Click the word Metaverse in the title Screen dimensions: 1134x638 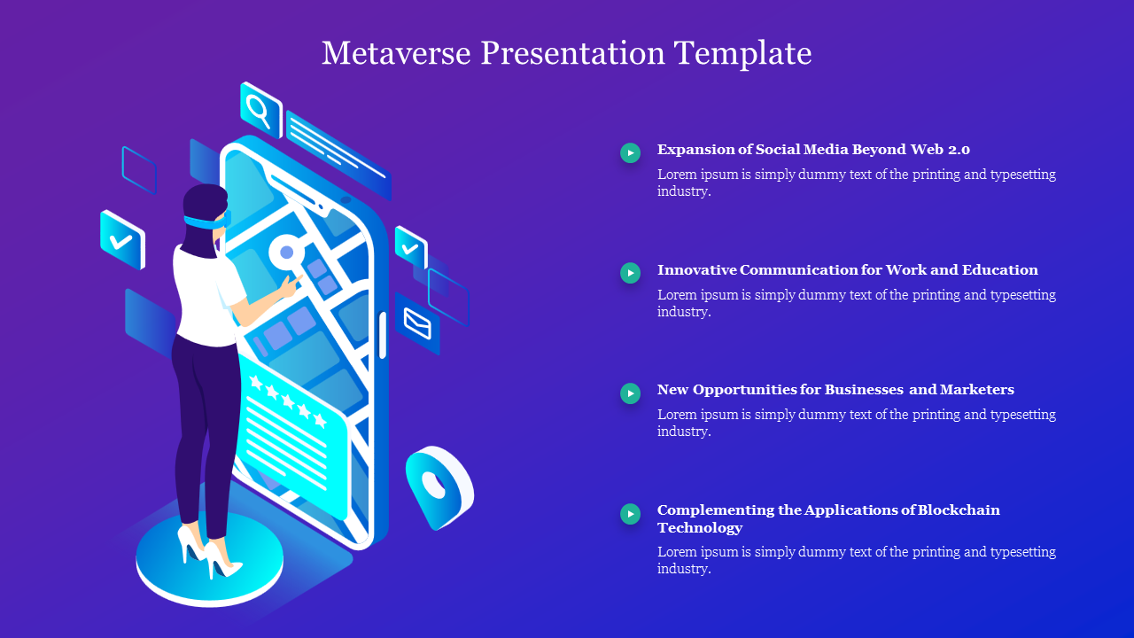coord(396,52)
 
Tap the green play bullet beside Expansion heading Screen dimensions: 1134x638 coord(630,152)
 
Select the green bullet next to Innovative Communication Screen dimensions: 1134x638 coord(630,273)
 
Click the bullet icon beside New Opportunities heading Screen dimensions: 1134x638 coord(630,393)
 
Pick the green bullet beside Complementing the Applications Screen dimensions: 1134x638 coord(630,514)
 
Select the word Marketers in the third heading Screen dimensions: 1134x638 coord(977,389)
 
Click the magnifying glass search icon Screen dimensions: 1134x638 coord(260,111)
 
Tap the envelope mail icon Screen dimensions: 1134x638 coord(417,323)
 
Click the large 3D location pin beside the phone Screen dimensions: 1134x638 coord(439,487)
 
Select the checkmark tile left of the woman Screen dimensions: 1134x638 coord(122,239)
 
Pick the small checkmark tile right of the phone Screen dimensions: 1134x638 coord(410,247)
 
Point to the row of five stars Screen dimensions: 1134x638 coord(288,401)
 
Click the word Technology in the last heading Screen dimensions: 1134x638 coord(700,527)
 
